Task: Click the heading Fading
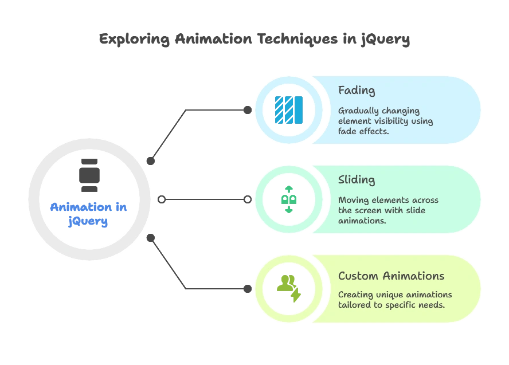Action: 357,91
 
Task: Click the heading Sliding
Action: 357,180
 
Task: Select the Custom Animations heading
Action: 391,276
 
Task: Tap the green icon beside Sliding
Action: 289,199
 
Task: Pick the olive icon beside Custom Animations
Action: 288,288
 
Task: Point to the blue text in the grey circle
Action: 89,213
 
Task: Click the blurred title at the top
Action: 254,40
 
